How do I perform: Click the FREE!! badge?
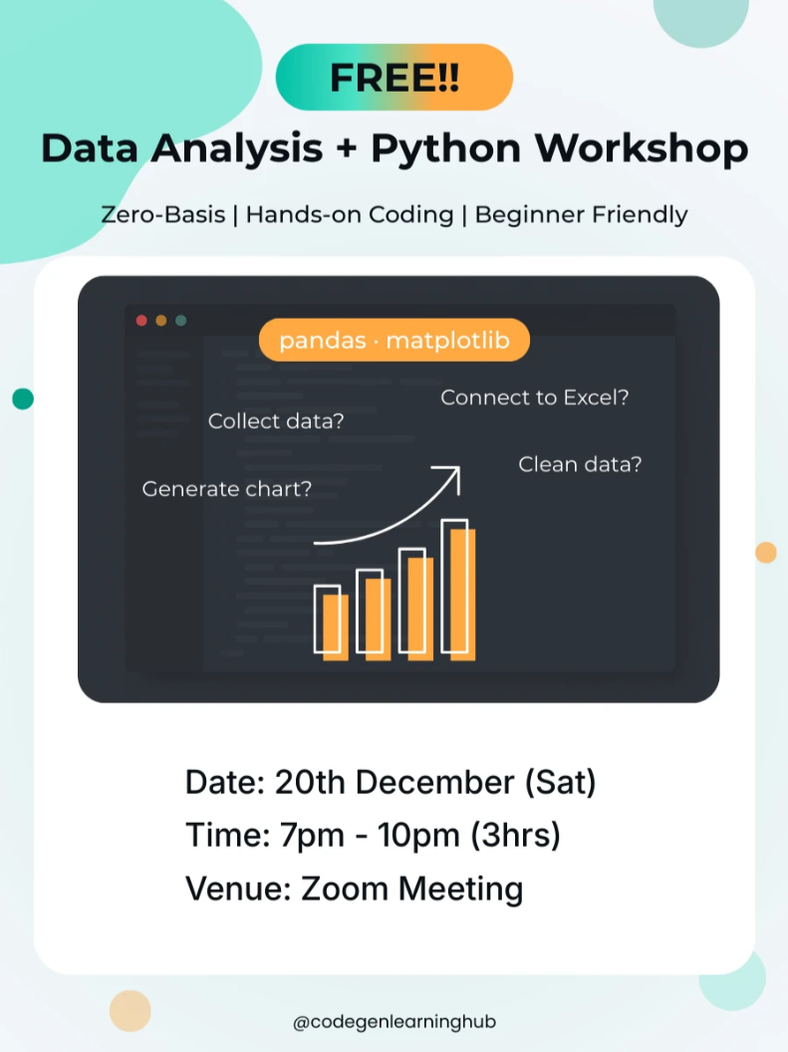(394, 77)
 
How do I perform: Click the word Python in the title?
(446, 149)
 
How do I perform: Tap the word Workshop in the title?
(642, 148)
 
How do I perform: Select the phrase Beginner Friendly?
(582, 215)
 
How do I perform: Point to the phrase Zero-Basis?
(163, 215)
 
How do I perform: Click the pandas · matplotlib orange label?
(394, 340)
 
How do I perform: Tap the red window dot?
(141, 321)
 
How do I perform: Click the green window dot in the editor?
(180, 321)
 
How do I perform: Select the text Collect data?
(276, 420)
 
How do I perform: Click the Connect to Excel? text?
(535, 397)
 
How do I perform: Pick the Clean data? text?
(580, 464)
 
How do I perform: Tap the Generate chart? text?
(227, 488)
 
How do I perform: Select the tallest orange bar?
(463, 595)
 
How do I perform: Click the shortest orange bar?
(336, 628)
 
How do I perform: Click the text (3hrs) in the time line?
(515, 836)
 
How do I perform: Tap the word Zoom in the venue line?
(344, 889)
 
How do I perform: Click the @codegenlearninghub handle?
(394, 1022)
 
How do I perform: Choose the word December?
(434, 782)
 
